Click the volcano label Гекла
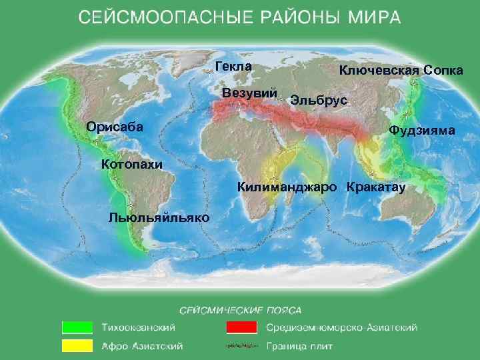click(x=233, y=66)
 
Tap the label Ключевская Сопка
click(x=401, y=70)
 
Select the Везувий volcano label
click(x=249, y=92)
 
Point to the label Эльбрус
click(x=319, y=100)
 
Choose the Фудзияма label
click(x=423, y=131)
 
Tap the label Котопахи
click(x=131, y=164)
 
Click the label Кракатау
click(x=376, y=187)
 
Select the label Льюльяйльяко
click(x=158, y=218)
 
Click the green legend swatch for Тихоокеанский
click(x=77, y=327)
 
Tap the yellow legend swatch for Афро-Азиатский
click(x=77, y=346)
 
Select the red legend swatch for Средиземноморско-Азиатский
click(x=241, y=327)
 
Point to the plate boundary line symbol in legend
click(x=241, y=346)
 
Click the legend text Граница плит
click(x=299, y=346)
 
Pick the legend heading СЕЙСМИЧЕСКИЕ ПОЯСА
click(x=241, y=310)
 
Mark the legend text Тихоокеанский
click(x=139, y=327)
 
